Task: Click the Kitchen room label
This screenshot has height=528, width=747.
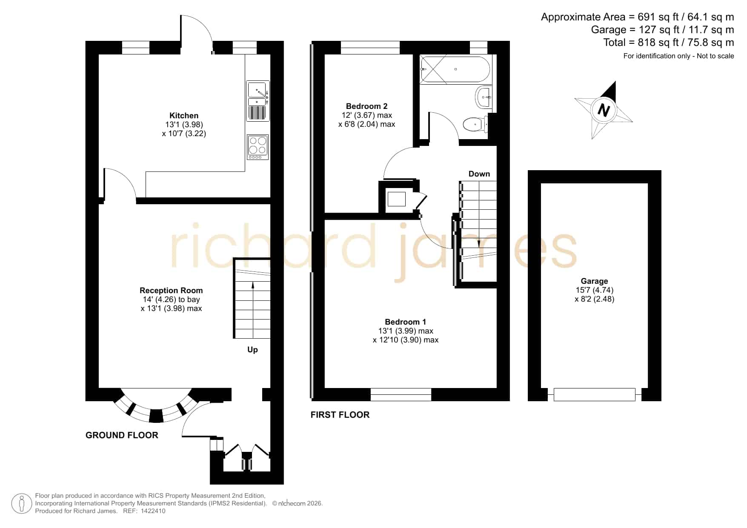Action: (184, 115)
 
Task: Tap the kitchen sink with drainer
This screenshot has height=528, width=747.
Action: (258, 101)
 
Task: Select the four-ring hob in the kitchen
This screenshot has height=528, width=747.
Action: (258, 147)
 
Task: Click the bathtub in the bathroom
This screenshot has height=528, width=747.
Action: (455, 69)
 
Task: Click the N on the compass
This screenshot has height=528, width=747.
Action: (604, 111)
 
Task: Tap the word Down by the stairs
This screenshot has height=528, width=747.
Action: (479, 174)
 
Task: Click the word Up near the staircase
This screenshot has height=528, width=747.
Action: (252, 350)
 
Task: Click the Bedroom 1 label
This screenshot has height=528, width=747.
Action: (405, 322)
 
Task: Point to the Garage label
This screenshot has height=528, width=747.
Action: (594, 281)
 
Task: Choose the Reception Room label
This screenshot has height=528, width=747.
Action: (171, 290)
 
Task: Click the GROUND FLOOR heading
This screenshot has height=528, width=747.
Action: (122, 435)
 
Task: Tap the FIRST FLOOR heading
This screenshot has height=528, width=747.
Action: (340, 414)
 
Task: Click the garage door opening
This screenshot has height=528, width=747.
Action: (595, 394)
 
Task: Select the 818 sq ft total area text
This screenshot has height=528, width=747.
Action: (669, 43)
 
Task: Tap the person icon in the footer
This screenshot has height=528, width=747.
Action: (21, 504)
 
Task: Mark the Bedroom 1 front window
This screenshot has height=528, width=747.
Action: (401, 394)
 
